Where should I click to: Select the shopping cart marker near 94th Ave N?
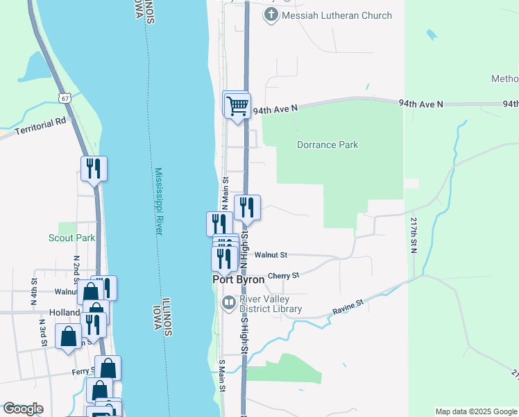(x=237, y=106)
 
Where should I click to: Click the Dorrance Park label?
(x=327, y=145)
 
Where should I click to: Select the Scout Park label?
(x=71, y=238)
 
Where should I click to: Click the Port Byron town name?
(x=238, y=279)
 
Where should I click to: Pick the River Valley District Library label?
(x=271, y=304)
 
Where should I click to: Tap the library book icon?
(x=228, y=302)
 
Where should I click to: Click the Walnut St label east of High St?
(x=271, y=256)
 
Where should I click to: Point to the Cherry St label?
(x=283, y=276)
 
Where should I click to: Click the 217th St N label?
(x=414, y=235)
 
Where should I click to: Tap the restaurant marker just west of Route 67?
(x=94, y=168)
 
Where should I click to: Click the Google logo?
(x=23, y=409)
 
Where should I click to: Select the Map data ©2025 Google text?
(x=476, y=411)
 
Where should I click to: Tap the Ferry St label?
(x=82, y=372)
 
